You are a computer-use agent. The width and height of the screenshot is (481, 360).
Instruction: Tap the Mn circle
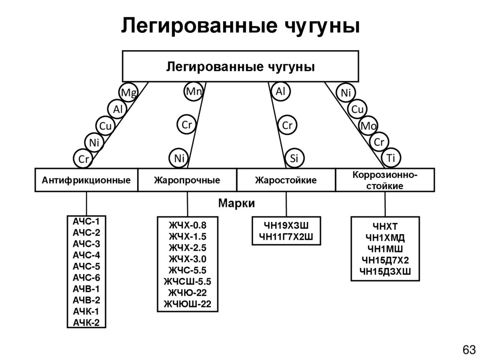pos(194,92)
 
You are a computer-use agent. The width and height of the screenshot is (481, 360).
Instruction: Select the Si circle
pos(294,158)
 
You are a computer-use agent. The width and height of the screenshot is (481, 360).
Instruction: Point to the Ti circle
pos(391,158)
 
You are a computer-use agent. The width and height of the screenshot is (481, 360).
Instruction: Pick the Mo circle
pos(368,126)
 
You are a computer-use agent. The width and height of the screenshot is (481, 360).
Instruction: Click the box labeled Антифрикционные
pos(86,180)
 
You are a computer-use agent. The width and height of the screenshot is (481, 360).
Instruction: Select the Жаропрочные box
pos(187,180)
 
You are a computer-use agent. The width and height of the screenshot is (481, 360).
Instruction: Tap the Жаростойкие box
pos(286,180)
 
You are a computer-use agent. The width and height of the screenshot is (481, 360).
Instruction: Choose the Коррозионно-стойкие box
pos(385,180)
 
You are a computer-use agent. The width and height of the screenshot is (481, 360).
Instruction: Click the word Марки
pos(237,203)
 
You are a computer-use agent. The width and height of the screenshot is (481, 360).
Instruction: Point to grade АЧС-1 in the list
pos(86,222)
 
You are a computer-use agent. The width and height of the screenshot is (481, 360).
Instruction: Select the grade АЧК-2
pos(86,322)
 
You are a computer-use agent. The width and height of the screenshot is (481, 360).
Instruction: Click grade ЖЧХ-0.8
pos(187,225)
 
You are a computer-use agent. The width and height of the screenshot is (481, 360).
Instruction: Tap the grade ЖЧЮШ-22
pos(187,304)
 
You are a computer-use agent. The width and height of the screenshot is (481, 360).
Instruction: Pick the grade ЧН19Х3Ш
pos(286,225)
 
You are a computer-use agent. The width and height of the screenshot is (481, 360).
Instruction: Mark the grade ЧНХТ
pos(385,227)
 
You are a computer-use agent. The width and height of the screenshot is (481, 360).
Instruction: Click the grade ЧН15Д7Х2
pos(385,260)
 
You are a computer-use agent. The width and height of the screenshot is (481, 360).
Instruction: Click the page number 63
pos(469,349)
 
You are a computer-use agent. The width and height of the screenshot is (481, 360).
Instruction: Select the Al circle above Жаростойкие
pos(280,92)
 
